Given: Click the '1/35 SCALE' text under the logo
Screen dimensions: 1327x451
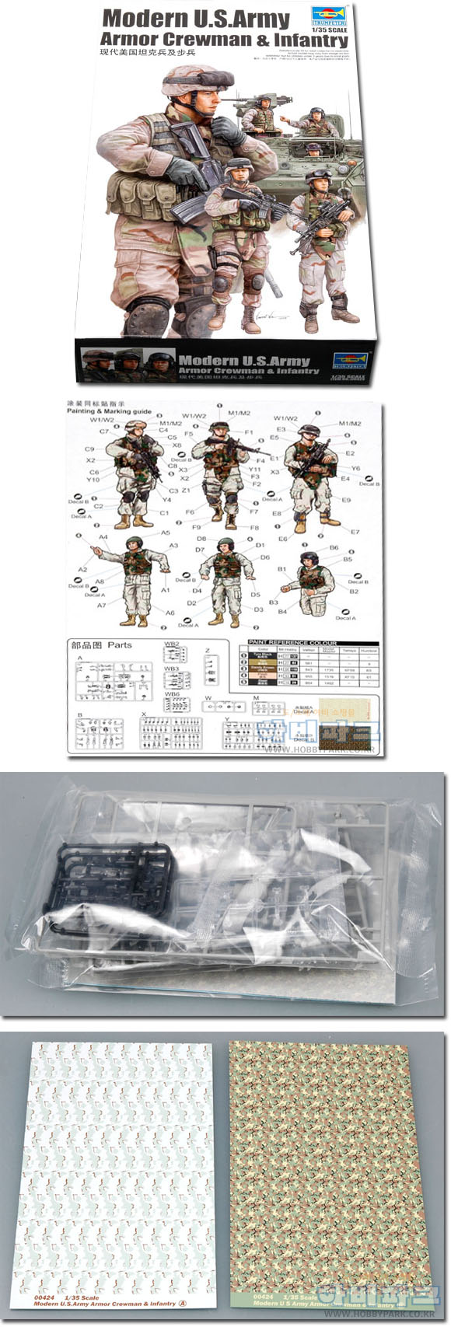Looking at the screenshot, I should (330, 30).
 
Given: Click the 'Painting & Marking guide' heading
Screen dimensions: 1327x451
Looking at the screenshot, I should (109, 411).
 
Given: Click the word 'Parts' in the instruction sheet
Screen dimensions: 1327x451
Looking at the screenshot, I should (120, 644).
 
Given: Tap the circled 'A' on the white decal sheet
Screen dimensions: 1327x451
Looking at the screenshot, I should (184, 1303).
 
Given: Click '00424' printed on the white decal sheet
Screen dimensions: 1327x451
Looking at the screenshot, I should (44, 1297).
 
